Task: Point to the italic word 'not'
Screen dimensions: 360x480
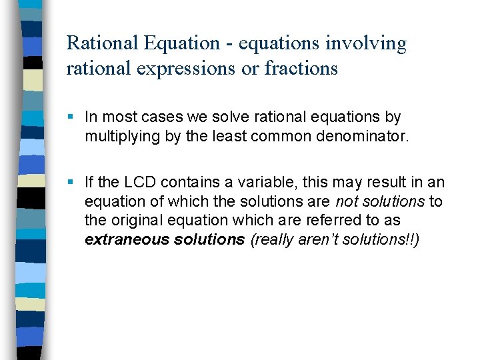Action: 347,201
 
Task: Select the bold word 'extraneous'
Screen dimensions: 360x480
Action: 123,239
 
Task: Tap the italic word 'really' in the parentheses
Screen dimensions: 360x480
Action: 271,239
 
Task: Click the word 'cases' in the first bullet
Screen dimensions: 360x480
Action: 153,117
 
